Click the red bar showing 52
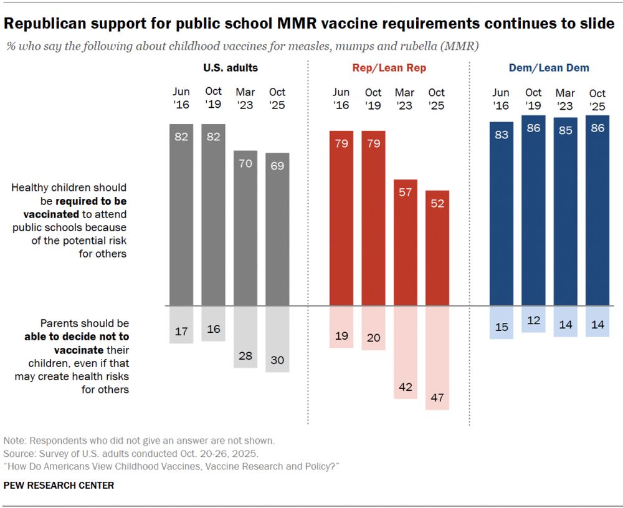pyautogui.click(x=437, y=248)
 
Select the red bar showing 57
pyautogui.click(x=405, y=242)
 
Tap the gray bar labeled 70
pyautogui.click(x=245, y=228)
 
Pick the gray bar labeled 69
pyautogui.click(x=277, y=229)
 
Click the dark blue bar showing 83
pyautogui.click(x=502, y=214)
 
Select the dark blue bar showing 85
pyautogui.click(x=565, y=212)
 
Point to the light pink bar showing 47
pyautogui.click(x=437, y=358)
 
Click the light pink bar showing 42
pyautogui.click(x=405, y=352)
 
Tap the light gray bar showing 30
pyautogui.click(x=277, y=339)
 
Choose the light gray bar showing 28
pyautogui.click(x=245, y=337)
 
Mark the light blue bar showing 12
pyautogui.click(x=533, y=319)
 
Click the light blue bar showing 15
pyautogui.click(x=502, y=322)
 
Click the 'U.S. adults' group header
pyautogui.click(x=230, y=68)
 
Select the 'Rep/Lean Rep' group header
pyautogui.click(x=390, y=68)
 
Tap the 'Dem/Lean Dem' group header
pyautogui.click(x=548, y=68)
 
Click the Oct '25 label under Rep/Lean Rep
pyautogui.click(x=437, y=99)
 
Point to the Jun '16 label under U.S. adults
pyautogui.click(x=181, y=99)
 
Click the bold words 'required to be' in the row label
pyautogui.click(x=90, y=201)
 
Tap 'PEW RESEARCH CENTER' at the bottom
pyautogui.click(x=59, y=485)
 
